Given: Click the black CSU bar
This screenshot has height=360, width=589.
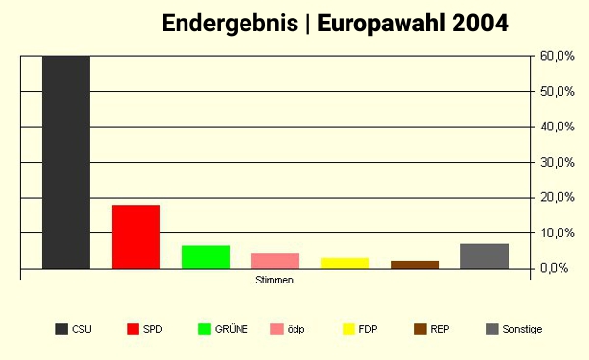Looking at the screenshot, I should tap(66, 162).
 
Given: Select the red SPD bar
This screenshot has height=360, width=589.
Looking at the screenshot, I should tap(135, 236).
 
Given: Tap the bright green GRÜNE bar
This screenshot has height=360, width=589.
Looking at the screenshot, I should tap(205, 257).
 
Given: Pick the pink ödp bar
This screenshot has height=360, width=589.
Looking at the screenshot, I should tap(275, 261).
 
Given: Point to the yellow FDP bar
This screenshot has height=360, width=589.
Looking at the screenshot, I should tap(345, 263).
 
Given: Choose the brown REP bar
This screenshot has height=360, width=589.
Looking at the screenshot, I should tap(414, 265).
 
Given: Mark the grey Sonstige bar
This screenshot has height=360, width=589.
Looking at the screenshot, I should tap(484, 256).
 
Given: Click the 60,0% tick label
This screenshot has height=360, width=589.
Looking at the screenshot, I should tap(557, 56).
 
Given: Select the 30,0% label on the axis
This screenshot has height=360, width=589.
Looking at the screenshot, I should tap(557, 162).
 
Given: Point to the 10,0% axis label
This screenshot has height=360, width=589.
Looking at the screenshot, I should tap(557, 232).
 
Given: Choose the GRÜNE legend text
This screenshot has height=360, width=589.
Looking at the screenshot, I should tap(231, 329).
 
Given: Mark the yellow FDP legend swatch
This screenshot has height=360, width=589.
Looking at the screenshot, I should tap(349, 329).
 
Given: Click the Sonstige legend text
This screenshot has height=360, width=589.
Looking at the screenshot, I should tap(523, 329).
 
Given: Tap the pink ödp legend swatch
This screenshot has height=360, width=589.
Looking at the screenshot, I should tap(278, 329).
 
